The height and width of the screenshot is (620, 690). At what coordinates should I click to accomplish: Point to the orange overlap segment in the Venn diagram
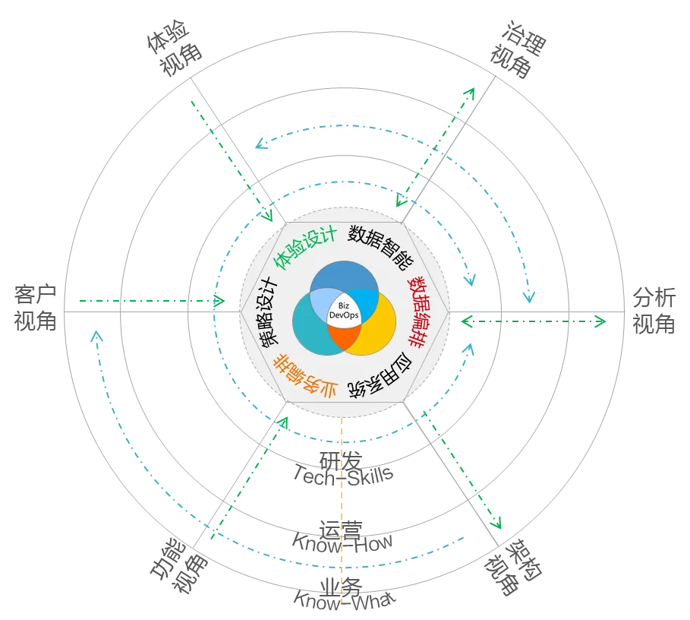[345, 338]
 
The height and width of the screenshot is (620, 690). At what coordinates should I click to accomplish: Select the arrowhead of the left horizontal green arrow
[222, 302]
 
